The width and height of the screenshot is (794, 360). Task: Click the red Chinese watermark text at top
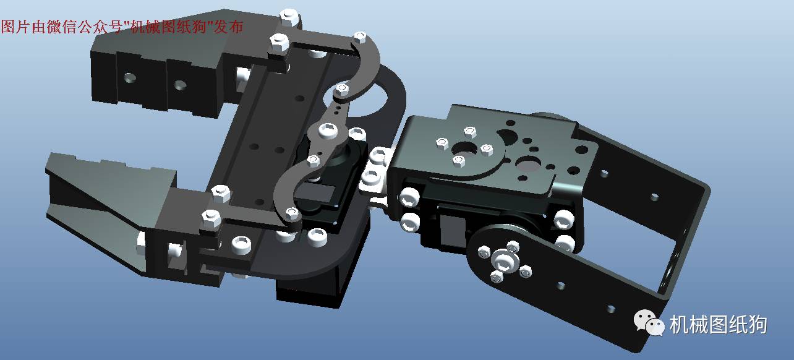122,27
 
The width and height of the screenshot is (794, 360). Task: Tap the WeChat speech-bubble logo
649,323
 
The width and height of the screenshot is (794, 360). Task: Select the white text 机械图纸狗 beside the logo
718,324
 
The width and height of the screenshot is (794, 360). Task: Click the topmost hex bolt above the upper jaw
289,18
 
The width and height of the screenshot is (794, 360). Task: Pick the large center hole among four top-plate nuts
465,149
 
